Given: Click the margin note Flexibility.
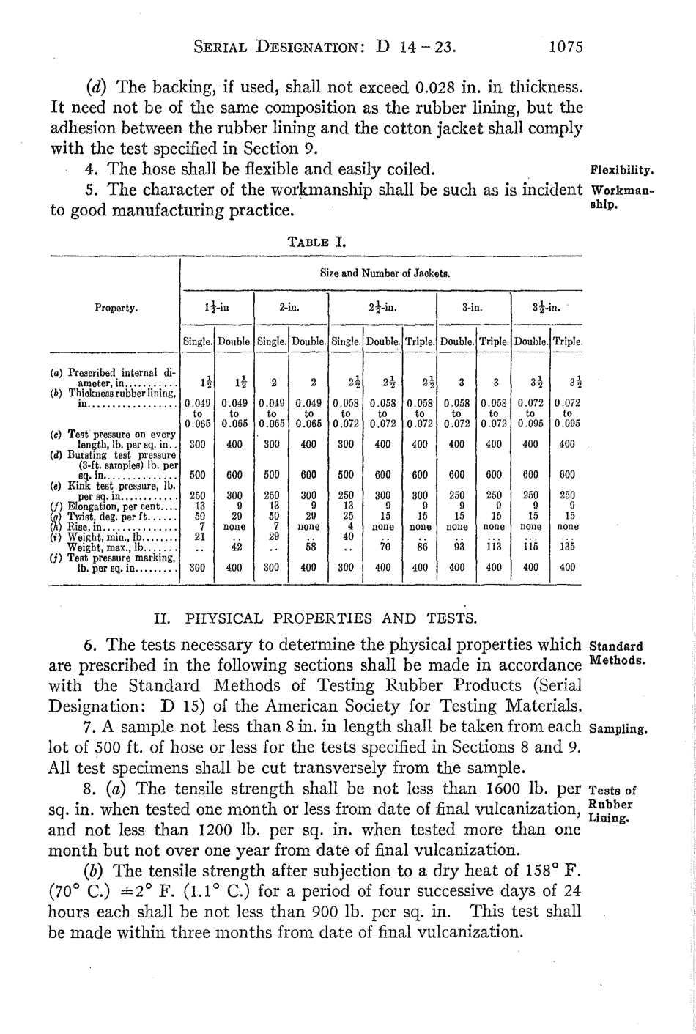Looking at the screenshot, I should point(621,173).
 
